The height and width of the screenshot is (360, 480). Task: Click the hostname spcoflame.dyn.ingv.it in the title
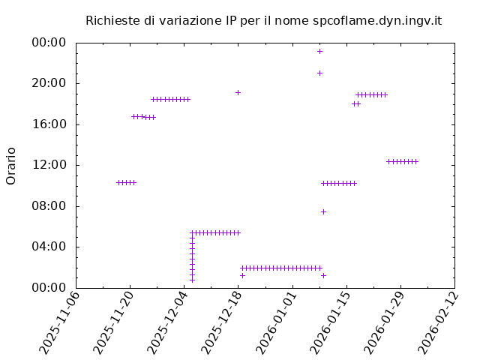pos(376,20)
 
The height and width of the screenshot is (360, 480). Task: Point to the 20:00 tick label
pos(49,83)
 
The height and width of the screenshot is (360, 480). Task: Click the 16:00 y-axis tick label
pos(49,124)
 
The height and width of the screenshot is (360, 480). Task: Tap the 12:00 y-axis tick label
pos(49,165)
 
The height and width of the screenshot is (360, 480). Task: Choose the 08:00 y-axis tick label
pos(49,206)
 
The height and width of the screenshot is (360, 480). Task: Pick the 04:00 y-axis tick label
pos(49,247)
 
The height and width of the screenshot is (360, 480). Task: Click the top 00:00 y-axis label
pos(49,43)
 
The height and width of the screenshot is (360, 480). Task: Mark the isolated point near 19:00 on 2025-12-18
pos(238,92)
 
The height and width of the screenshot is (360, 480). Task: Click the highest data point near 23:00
pos(319,51)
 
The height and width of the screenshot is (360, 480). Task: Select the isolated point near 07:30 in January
pos(323,211)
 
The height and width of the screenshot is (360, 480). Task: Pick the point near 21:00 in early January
pos(319,73)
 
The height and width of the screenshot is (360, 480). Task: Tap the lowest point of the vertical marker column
pos(192,280)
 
